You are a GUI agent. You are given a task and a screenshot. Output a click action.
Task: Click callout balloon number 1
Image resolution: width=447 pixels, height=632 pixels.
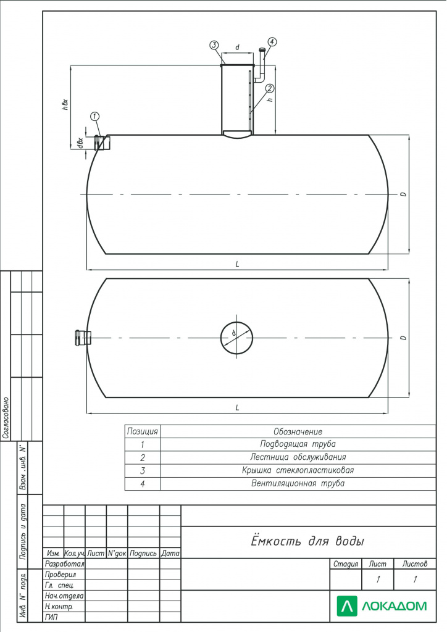click(x=95, y=117)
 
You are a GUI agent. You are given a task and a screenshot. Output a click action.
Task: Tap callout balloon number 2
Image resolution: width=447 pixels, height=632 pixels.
click(x=270, y=88)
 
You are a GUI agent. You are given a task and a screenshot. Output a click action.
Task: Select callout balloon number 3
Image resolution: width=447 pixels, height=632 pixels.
click(x=214, y=44)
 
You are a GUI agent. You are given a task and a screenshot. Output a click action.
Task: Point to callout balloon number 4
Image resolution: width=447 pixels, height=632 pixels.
click(x=272, y=41)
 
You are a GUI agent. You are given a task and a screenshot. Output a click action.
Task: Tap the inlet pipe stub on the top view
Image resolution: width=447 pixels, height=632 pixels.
click(x=83, y=338)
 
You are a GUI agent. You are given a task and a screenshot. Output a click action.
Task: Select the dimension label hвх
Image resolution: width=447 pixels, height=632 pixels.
click(x=65, y=104)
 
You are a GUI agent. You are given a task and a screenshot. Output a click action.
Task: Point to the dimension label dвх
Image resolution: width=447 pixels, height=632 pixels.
click(x=81, y=143)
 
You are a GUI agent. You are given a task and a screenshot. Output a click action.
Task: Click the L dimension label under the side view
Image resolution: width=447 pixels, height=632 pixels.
click(x=238, y=264)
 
